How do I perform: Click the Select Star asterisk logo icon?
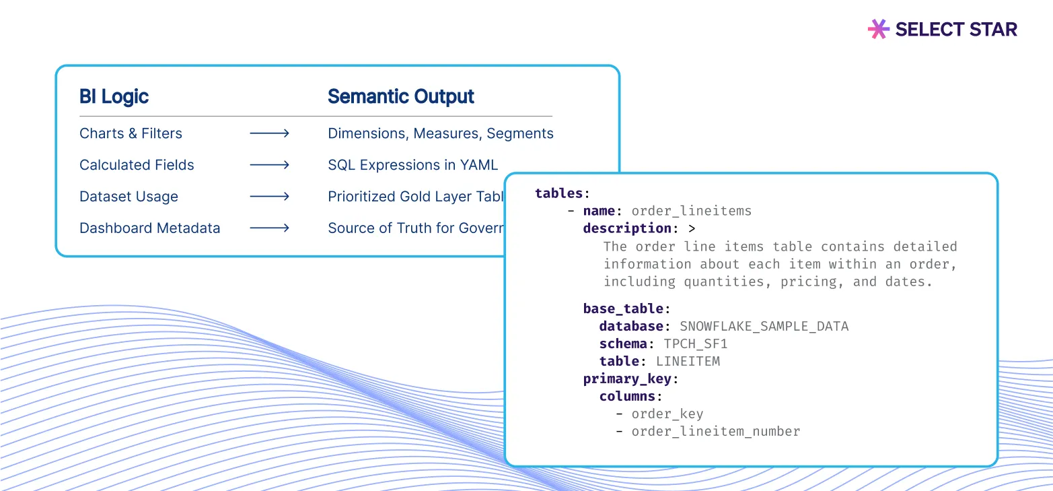[878, 29]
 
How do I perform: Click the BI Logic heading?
[114, 97]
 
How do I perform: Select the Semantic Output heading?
[400, 97]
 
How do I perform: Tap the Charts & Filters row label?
[131, 133]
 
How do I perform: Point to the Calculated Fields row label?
[137, 165]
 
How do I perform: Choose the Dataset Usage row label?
[129, 197]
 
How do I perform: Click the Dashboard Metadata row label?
[149, 228]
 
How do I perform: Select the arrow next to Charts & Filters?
[269, 133]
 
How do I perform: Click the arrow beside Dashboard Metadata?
[269, 228]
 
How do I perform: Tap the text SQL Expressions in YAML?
[412, 165]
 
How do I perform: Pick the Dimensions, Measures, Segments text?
[440, 133]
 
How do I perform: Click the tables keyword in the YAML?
[559, 193]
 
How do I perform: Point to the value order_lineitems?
[691, 211]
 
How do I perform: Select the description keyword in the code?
[627, 228]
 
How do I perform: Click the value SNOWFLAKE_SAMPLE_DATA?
[764, 327]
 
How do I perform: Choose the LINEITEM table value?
[688, 362]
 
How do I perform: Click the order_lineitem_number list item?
[715, 432]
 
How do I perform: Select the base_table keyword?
[624, 309]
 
